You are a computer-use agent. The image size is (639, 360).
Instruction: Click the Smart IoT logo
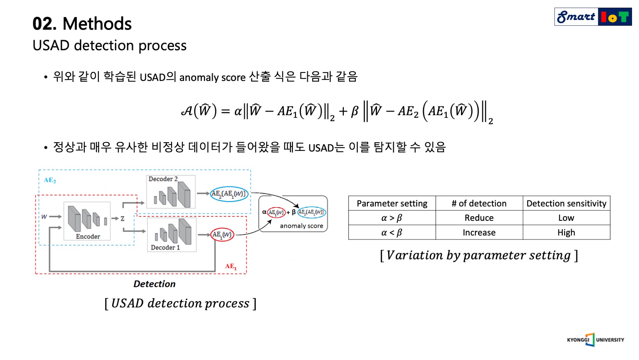pyautogui.click(x=593, y=17)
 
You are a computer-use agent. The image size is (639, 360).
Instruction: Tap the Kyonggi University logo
pyautogui.click(x=595, y=340)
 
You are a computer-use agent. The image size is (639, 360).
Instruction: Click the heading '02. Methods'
pyautogui.click(x=82, y=24)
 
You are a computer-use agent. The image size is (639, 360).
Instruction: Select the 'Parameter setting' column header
pyautogui.click(x=392, y=203)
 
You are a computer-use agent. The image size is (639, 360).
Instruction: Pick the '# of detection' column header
pyautogui.click(x=479, y=203)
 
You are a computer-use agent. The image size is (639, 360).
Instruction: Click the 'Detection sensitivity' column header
pyautogui.click(x=566, y=203)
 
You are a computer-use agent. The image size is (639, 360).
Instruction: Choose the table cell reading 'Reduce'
pyautogui.click(x=479, y=218)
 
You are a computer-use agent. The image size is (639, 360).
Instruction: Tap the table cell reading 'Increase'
pyautogui.click(x=479, y=232)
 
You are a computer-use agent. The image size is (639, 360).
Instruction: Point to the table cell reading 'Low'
pyautogui.click(x=566, y=218)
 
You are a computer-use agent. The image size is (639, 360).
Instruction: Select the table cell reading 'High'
pyautogui.click(x=566, y=232)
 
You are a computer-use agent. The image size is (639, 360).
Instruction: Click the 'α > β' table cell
pyautogui.click(x=392, y=218)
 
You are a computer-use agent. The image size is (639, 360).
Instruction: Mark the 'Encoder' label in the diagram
pyautogui.click(x=88, y=236)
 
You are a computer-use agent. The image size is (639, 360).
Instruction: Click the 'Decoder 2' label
pyautogui.click(x=163, y=179)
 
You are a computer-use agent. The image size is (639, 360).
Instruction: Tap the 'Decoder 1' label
pyautogui.click(x=165, y=247)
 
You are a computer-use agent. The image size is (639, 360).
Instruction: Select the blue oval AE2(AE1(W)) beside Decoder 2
pyautogui.click(x=229, y=194)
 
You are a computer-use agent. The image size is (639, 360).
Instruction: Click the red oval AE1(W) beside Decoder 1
pyautogui.click(x=222, y=235)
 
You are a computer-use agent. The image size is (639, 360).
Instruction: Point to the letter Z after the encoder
pyautogui.click(x=122, y=218)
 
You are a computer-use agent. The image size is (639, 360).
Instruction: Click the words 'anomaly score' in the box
pyautogui.click(x=301, y=226)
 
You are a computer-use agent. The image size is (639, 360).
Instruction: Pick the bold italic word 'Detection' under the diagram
pyautogui.click(x=154, y=284)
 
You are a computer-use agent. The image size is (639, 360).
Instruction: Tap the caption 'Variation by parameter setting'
pyautogui.click(x=479, y=255)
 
